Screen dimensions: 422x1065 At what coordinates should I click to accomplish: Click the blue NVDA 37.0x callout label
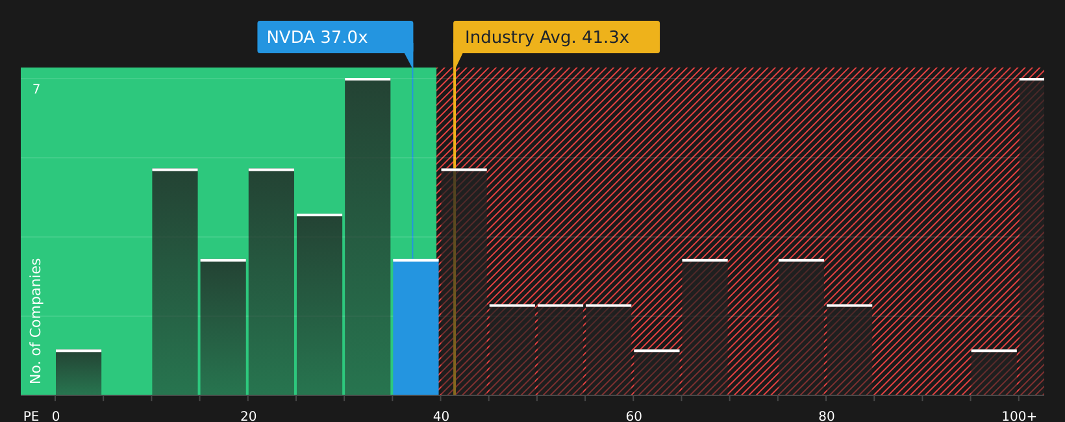(335, 37)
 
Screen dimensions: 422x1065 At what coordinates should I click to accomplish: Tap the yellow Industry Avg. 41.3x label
(556, 37)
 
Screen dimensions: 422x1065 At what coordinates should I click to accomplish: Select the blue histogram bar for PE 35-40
(416, 327)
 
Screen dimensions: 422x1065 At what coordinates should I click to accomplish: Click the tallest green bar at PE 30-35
(368, 237)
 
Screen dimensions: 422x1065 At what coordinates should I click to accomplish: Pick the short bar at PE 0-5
(79, 373)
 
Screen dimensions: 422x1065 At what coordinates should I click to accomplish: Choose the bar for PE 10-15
(175, 282)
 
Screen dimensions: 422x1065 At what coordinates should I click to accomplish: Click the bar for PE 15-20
(223, 327)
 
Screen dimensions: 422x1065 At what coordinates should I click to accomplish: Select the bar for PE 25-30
(319, 304)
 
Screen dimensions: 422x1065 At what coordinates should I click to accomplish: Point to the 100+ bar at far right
(1031, 237)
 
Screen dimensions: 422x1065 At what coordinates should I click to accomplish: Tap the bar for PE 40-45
(464, 282)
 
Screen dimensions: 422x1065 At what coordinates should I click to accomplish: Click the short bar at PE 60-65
(657, 373)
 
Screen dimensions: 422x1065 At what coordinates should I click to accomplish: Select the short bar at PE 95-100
(994, 373)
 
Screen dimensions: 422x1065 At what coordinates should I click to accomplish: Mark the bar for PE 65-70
(705, 327)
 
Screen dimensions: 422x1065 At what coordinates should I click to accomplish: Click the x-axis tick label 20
(249, 416)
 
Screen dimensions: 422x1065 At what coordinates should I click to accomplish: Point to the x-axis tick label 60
(634, 416)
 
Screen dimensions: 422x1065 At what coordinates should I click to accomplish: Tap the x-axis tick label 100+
(1019, 416)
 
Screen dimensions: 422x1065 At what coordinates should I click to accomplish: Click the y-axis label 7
(36, 89)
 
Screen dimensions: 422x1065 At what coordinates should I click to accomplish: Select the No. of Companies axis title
(36, 321)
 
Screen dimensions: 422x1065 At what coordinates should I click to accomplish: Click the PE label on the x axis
(31, 416)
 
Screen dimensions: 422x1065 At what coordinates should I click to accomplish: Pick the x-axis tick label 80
(827, 416)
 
